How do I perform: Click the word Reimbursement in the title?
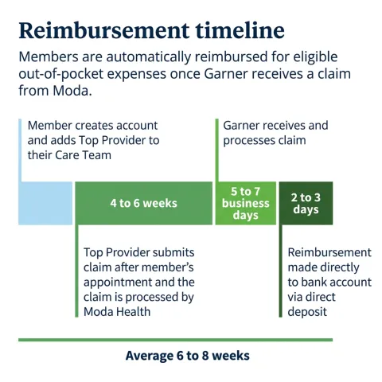point(104,30)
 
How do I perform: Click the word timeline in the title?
point(240,30)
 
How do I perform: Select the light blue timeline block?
point(45,203)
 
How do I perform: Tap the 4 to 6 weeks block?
point(144,203)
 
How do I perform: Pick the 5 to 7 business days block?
point(246,203)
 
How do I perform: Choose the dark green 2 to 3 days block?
point(306,203)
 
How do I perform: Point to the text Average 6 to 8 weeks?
point(188,356)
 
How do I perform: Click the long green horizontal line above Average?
point(175,340)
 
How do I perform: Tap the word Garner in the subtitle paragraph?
point(226,74)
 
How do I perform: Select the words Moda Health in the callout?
point(117,312)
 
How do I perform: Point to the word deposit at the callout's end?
point(307,312)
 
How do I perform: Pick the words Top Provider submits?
point(139,252)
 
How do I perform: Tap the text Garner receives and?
point(275,126)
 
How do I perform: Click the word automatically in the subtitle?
point(149,57)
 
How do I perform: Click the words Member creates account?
point(92,126)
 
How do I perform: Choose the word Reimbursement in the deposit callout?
point(329,252)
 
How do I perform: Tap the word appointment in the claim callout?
point(117,283)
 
